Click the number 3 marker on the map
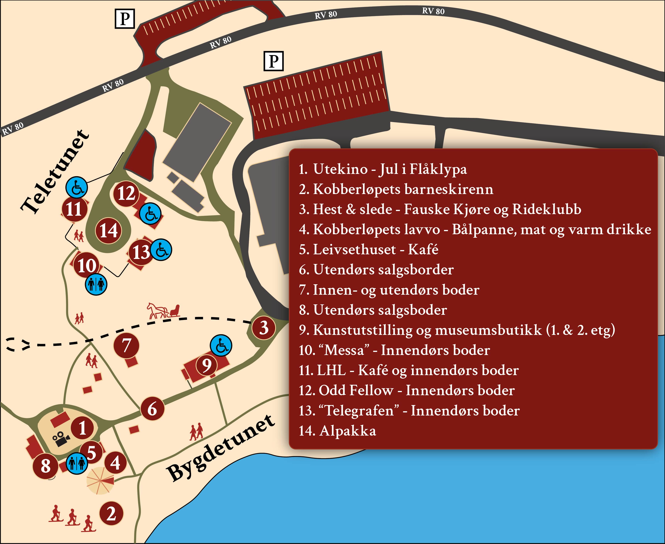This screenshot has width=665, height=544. coord(264,328)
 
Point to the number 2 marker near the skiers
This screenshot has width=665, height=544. coord(111,514)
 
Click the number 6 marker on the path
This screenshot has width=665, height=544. coord(152,408)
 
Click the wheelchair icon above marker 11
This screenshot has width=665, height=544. coord(76,187)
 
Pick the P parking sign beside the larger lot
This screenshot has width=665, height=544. coord(273,61)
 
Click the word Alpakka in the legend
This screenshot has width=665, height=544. coord(347,431)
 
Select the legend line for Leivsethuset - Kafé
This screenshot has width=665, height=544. coord(368,249)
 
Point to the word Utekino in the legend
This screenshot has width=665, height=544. coord(340,169)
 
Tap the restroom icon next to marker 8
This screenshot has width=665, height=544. coord(77,463)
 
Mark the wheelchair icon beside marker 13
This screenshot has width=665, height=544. coord(161,249)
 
